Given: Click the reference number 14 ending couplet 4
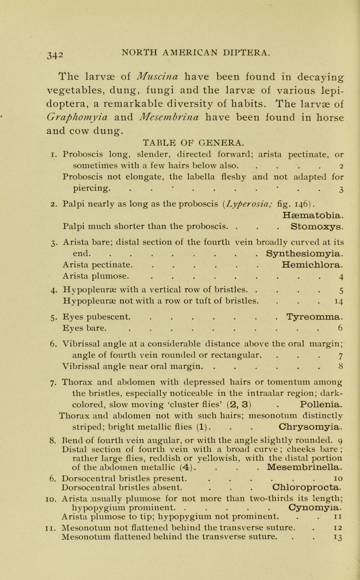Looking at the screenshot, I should coord(336,313).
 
